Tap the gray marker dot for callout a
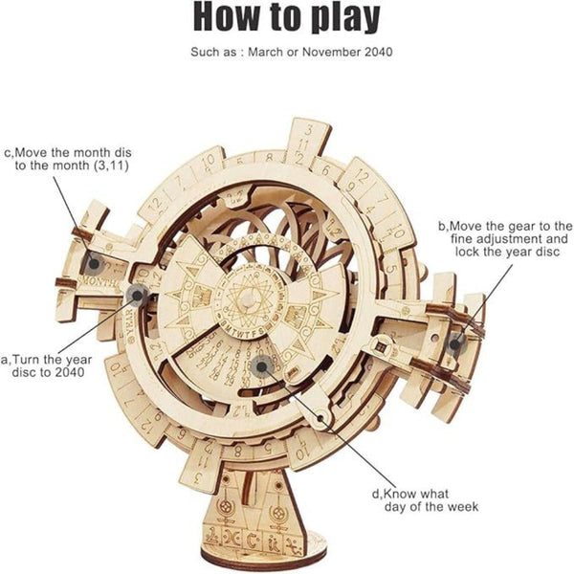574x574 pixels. click(x=138, y=293)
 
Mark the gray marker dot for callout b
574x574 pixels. click(x=455, y=342)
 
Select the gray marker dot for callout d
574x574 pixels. click(x=262, y=364)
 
